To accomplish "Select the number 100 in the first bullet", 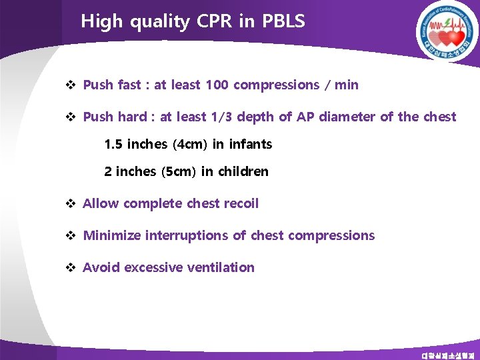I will click(218, 85).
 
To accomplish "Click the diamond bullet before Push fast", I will click(70, 85).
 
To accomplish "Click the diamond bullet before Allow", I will click(70, 203).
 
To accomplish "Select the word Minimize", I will click(112, 235).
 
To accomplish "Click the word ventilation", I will click(221, 267).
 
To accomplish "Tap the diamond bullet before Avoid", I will click(70, 267).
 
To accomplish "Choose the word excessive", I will click(153, 267).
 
